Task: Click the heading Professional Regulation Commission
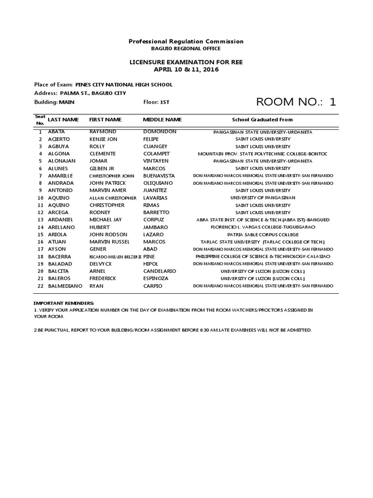pyautogui.click(x=186, y=41)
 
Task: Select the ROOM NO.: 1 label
pyautogui.click(x=295, y=102)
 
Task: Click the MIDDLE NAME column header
pyautogui.click(x=162, y=119)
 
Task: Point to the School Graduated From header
pyautogui.click(x=262, y=119)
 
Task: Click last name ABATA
pyautogui.click(x=56, y=132)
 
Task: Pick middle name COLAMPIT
pyautogui.click(x=156, y=154)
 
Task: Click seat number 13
pyautogui.click(x=40, y=220)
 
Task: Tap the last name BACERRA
pyautogui.click(x=60, y=256)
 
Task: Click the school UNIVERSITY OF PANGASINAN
pyautogui.click(x=262, y=198)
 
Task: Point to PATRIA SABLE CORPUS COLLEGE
pyautogui.click(x=262, y=234)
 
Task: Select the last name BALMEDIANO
pyautogui.click(x=65, y=286)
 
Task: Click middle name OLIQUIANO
pyautogui.click(x=158, y=183)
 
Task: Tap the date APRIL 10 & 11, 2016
pyautogui.click(x=186, y=70)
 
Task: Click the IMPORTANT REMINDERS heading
pyautogui.click(x=64, y=303)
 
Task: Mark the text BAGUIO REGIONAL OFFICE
pyautogui.click(x=186, y=49)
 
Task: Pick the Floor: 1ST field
pyautogui.click(x=156, y=102)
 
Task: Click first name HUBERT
pyautogui.click(x=100, y=227)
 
